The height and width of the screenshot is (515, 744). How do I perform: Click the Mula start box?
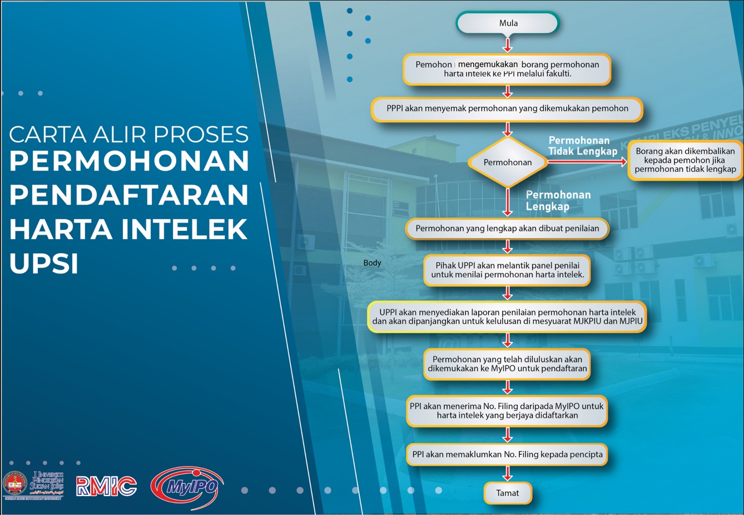pyautogui.click(x=508, y=23)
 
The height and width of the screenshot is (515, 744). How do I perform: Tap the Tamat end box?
pyautogui.click(x=508, y=493)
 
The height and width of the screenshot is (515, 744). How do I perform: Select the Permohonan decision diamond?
pyautogui.click(x=508, y=162)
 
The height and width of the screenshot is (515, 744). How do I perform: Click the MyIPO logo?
pyautogui.click(x=187, y=487)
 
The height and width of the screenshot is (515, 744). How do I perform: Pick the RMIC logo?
pyautogui.click(x=106, y=486)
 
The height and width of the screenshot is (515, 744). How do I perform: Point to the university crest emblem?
pyautogui.click(x=14, y=483)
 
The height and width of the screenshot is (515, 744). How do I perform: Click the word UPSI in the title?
pyautogui.click(x=44, y=264)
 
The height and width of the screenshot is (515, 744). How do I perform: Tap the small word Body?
pyautogui.click(x=372, y=263)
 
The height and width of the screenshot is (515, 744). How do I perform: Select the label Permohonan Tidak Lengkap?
pyautogui.click(x=583, y=146)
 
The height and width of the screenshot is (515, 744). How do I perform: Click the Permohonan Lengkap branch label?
pyautogui.click(x=558, y=200)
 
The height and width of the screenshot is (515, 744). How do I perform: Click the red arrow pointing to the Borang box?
pyautogui.click(x=587, y=162)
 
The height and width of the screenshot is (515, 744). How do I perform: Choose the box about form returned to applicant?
pyautogui.click(x=685, y=160)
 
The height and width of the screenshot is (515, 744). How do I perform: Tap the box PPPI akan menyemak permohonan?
pyautogui.click(x=507, y=108)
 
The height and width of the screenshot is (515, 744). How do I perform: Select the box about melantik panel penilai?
pyautogui.click(x=507, y=270)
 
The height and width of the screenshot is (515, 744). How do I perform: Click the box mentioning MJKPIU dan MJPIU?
pyautogui.click(x=507, y=316)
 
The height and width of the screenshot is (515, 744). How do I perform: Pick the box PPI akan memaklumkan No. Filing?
pyautogui.click(x=507, y=454)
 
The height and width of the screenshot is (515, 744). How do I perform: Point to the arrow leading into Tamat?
pyautogui.click(x=508, y=474)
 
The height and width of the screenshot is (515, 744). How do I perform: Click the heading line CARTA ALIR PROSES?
pyautogui.click(x=129, y=134)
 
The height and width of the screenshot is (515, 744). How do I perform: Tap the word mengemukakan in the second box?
pyautogui.click(x=488, y=64)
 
